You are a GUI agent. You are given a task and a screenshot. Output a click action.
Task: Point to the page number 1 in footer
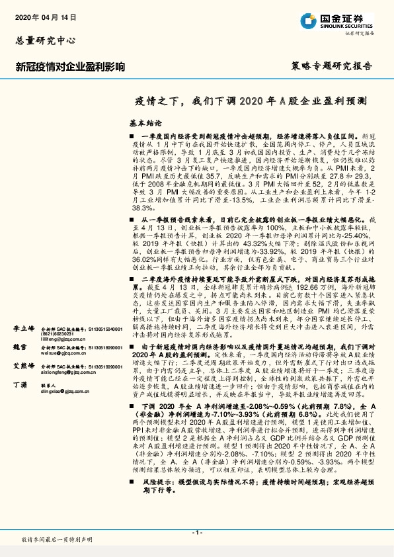point(196,533)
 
